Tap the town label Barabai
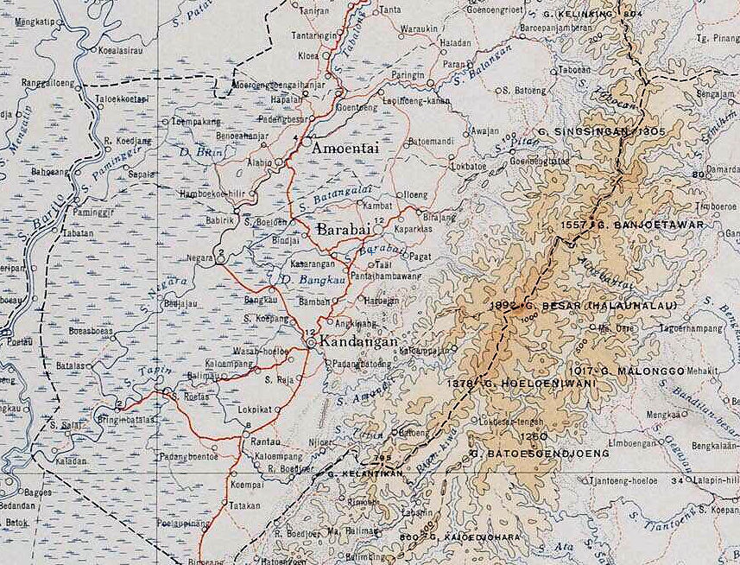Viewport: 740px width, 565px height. point(345,231)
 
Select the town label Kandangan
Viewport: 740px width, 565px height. point(358,342)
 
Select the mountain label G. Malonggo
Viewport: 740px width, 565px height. point(643,371)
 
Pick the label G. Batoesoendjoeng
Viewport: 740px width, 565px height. point(540,452)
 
